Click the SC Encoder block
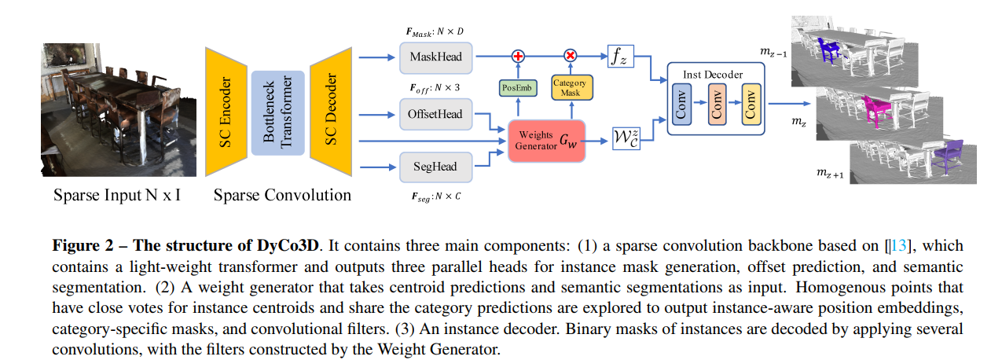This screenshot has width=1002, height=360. (x=226, y=112)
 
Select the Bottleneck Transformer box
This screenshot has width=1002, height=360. (x=277, y=112)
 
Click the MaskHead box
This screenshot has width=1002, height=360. (x=435, y=57)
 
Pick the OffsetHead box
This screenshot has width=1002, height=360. (x=435, y=114)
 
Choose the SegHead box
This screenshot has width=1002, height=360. (x=435, y=167)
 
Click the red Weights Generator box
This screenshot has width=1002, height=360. (x=547, y=141)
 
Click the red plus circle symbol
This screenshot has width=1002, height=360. (x=518, y=56)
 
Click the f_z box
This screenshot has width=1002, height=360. (x=620, y=57)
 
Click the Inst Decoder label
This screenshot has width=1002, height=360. (x=713, y=75)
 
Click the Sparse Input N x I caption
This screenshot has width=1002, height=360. (x=117, y=194)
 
